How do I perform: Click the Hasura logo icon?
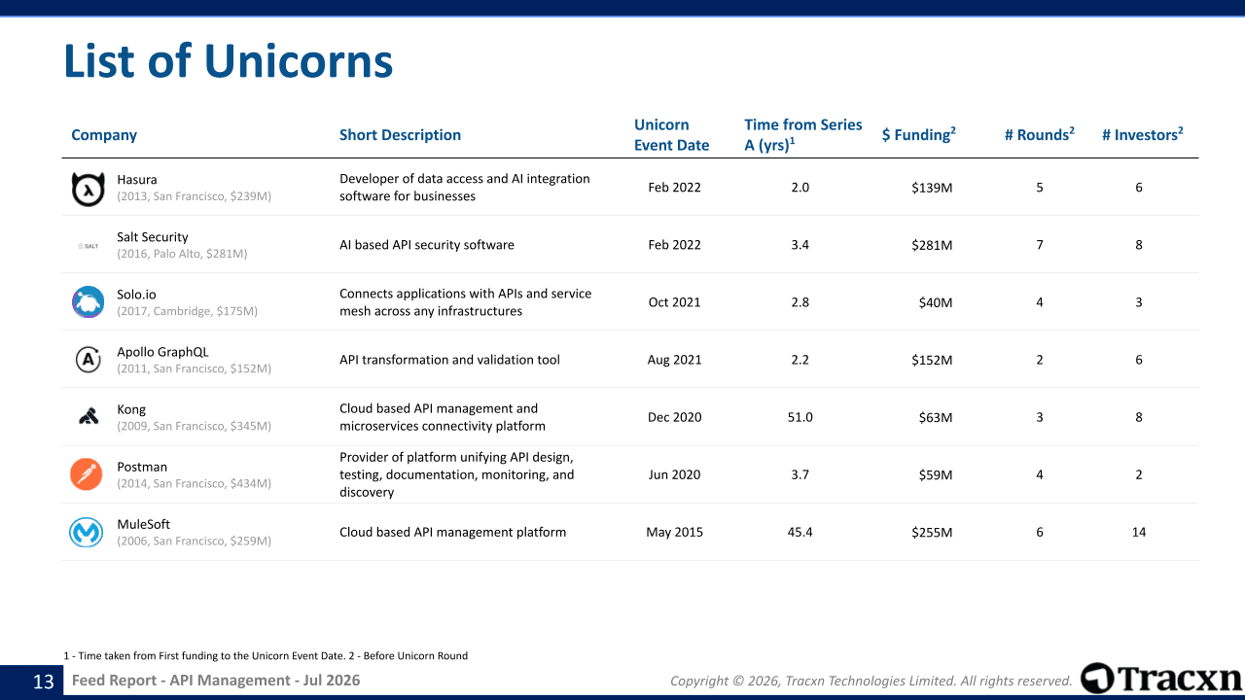(x=88, y=189)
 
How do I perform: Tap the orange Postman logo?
(x=87, y=474)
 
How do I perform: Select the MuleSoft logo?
(x=87, y=532)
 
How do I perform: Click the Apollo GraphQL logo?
(x=88, y=360)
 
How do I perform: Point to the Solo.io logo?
(x=88, y=302)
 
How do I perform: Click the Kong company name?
(x=131, y=409)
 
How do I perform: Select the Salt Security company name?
(x=153, y=237)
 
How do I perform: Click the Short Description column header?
(x=400, y=135)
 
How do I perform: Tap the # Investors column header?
(x=1142, y=134)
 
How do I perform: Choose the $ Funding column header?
(x=919, y=134)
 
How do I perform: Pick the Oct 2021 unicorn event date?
(x=674, y=302)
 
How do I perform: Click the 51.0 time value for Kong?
(x=800, y=417)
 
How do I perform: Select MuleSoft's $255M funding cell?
(x=932, y=532)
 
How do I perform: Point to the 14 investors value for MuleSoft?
(x=1139, y=532)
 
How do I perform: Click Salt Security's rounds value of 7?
(x=1040, y=245)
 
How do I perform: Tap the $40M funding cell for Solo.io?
(x=936, y=302)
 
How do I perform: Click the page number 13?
(x=44, y=682)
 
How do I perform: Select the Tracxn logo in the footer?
(x=1160, y=679)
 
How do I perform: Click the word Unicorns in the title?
(x=299, y=60)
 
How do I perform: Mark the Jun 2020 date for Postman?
(x=674, y=474)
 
